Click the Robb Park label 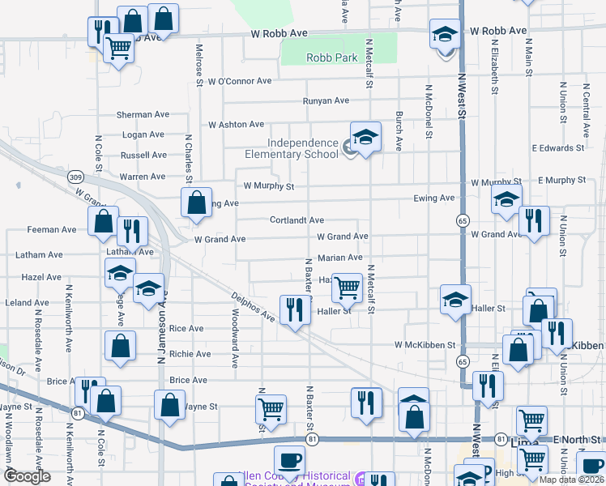(x=331, y=58)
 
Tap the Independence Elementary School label (x=292, y=149)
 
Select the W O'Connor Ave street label (x=239, y=82)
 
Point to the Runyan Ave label (x=326, y=101)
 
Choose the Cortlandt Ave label (x=297, y=220)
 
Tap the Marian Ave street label (x=339, y=258)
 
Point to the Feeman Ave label (x=52, y=230)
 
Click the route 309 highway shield (x=75, y=177)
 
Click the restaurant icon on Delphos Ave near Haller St (x=294, y=309)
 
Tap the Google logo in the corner (x=27, y=476)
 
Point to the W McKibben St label (x=425, y=345)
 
